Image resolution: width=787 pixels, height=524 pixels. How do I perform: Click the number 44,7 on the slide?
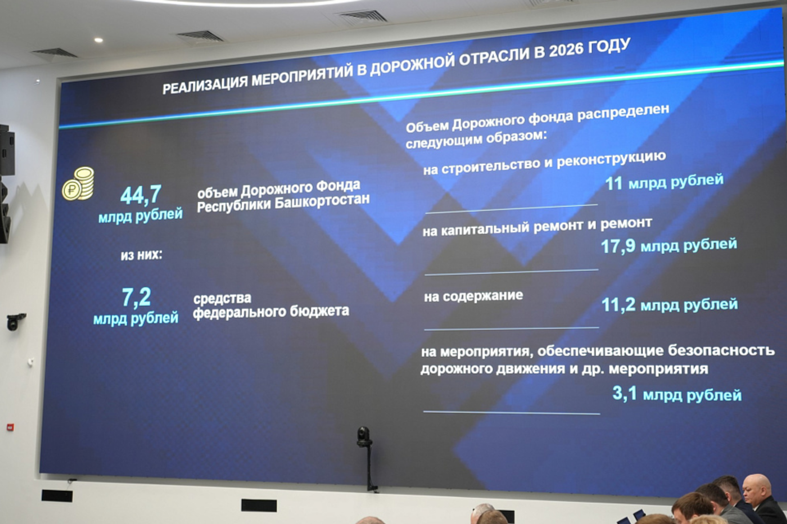tap(141, 195)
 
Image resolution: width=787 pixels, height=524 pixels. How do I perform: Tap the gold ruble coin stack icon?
tap(78, 184)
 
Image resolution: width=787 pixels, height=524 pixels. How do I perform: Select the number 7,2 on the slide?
tap(136, 297)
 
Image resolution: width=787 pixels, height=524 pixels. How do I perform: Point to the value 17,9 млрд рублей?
tap(668, 245)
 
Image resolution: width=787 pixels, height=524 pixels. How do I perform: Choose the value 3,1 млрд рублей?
tap(676, 394)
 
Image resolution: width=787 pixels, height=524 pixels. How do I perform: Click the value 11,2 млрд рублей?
tap(669, 305)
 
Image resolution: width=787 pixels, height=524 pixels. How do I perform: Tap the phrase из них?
tap(141, 255)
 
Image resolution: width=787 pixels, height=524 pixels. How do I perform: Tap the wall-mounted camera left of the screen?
tap(15, 321)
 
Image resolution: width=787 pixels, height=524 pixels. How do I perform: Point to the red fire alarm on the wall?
tap(10, 427)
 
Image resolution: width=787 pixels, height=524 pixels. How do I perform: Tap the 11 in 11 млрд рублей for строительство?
tap(613, 184)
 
